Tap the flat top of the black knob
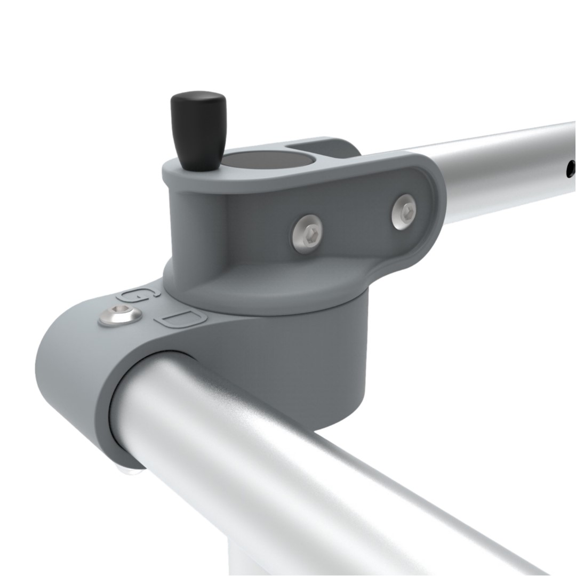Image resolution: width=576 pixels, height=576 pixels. [197, 96]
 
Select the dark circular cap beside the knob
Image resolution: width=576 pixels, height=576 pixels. [268, 161]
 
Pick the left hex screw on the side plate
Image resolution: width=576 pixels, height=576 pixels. [307, 233]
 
